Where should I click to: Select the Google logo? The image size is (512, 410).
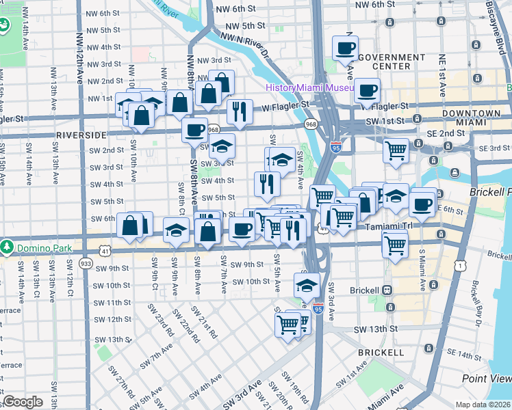(23, 402)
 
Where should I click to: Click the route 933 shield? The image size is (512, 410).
(86, 263)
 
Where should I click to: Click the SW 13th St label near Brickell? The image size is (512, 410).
(376, 329)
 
